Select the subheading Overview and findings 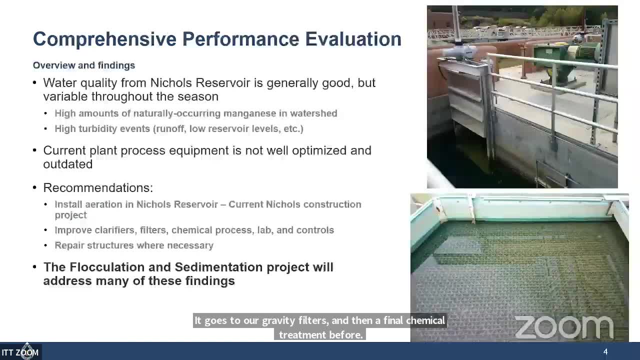84,65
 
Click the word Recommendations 98,188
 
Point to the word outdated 68,164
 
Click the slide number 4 605,352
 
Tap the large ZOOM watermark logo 563,327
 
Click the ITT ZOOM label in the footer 20,352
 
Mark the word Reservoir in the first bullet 223,83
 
